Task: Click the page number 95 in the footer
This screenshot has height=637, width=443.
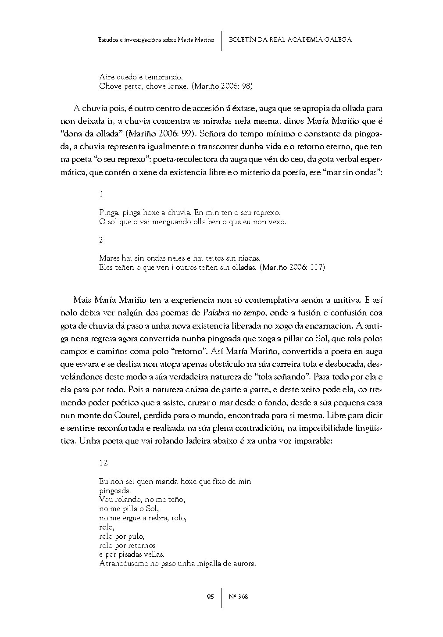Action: [x=210, y=596]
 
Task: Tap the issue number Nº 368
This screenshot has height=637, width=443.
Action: [x=239, y=596]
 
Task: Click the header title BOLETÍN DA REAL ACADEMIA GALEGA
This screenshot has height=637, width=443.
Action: [x=290, y=39]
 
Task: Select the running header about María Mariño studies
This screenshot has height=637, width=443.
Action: [x=157, y=39]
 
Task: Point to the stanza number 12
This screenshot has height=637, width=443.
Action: [x=104, y=463]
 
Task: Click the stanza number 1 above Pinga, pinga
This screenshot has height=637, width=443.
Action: [x=101, y=194]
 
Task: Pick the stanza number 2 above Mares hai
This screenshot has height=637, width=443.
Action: [x=101, y=240]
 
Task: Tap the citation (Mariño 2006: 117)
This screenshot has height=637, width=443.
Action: [x=292, y=267]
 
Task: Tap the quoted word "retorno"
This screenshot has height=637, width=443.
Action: [x=191, y=351]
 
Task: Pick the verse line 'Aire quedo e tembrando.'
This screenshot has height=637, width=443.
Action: [x=138, y=77]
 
